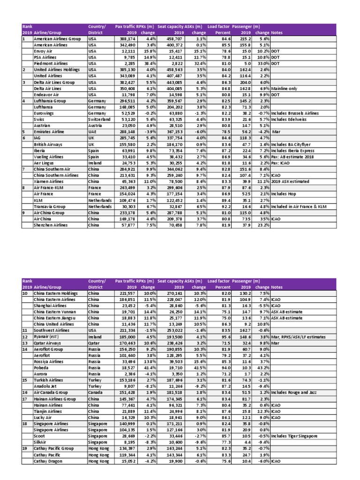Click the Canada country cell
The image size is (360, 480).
click(96, 405)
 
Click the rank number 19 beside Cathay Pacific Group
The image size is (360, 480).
click(25, 449)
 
